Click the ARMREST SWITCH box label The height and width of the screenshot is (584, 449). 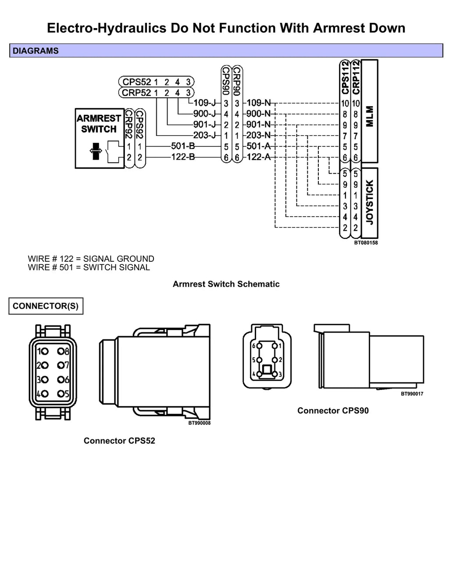coord(99,124)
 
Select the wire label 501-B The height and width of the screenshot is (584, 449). coord(183,146)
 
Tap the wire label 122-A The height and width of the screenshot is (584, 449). coord(258,157)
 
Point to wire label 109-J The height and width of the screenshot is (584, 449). coord(204,103)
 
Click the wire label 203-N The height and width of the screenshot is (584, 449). coord(258,135)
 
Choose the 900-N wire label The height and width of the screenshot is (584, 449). coord(258,114)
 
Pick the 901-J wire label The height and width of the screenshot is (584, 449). coord(204,125)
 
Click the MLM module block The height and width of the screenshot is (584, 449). coord(370,111)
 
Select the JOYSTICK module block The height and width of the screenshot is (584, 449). coord(370,203)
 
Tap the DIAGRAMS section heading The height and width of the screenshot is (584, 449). coord(36,51)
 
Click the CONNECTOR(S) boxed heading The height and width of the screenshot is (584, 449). coord(46,306)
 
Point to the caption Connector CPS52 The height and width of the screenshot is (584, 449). coord(119,441)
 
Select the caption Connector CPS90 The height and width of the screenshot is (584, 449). coord(333,411)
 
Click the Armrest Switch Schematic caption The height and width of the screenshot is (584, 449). coord(226,284)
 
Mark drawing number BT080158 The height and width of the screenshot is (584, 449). coord(366,243)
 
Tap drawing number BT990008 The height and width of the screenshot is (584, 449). coord(200,423)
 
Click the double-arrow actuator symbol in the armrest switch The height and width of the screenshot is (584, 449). coord(96,151)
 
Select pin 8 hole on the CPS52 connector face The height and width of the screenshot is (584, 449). coord(61,351)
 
